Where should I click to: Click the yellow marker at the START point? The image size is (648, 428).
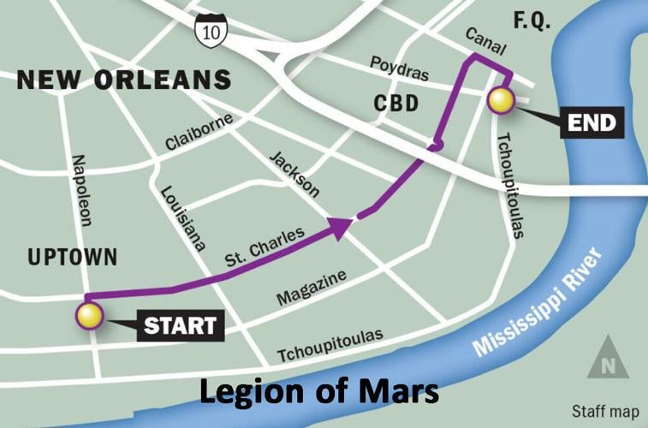(x=89, y=316)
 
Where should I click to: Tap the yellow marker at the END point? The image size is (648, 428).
(x=500, y=101)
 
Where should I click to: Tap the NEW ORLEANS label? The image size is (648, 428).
(x=124, y=80)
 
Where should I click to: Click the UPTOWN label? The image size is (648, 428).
(x=72, y=256)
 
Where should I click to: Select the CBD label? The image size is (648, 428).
(x=396, y=104)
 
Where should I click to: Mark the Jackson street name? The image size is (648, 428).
(x=294, y=175)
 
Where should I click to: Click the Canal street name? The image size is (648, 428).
(x=486, y=40)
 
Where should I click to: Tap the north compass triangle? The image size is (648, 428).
(x=608, y=356)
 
